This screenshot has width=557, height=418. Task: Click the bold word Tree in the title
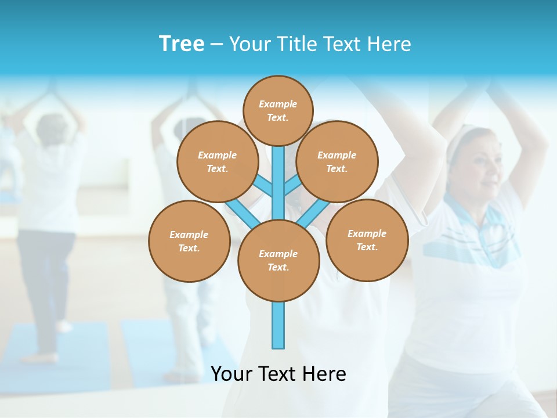pyautogui.click(x=182, y=44)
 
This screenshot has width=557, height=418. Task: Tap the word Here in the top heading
pyautogui.click(x=389, y=44)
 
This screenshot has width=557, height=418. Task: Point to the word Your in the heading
pyautogui.click(x=249, y=44)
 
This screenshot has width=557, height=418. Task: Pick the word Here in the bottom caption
pyautogui.click(x=324, y=374)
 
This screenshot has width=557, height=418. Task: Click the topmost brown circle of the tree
pyautogui.click(x=278, y=110)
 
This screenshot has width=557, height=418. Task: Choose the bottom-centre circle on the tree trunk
pyautogui.click(x=278, y=261)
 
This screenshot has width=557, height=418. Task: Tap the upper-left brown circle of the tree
pyautogui.click(x=217, y=161)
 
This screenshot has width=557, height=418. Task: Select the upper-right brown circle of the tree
pyautogui.click(x=337, y=161)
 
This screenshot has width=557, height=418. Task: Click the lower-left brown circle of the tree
pyautogui.click(x=189, y=241)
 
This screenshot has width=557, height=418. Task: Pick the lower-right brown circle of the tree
pyautogui.click(x=367, y=240)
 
